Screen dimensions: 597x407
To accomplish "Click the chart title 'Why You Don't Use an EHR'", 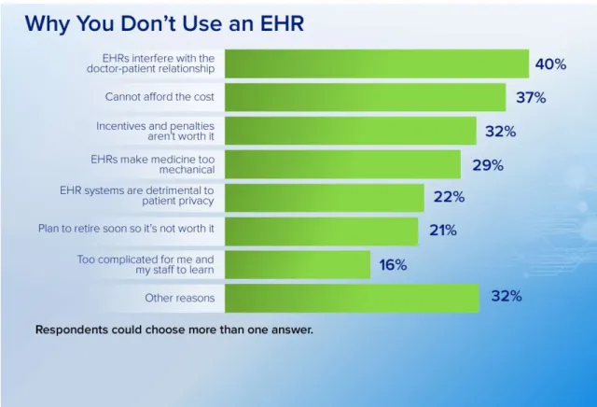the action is click(164, 23).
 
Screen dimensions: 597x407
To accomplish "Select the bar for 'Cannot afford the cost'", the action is click(365, 97).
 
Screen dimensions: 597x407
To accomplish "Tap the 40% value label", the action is click(550, 64).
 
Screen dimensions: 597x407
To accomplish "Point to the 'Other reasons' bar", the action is click(352, 299).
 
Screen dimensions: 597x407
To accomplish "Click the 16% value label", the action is click(393, 264).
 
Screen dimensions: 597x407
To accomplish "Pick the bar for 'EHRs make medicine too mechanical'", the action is click(342, 164).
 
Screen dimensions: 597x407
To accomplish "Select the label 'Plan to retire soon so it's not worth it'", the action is click(126, 229).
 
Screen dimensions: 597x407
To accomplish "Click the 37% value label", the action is click(531, 98).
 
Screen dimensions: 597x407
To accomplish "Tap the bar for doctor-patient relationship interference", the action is click(377, 63).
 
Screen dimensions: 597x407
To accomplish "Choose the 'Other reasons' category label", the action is click(180, 298).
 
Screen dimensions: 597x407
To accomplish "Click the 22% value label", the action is click(449, 197).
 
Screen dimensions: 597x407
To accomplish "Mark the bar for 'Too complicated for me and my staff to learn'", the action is click(298, 264).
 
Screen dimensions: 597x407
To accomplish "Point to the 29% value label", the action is click(488, 165).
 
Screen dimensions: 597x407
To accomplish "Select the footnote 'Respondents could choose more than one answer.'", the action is click(174, 330).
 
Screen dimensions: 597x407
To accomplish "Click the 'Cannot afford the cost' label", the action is click(160, 97).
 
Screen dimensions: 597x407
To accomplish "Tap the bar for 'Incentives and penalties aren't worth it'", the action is click(351, 131).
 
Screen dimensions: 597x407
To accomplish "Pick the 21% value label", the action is click(443, 231).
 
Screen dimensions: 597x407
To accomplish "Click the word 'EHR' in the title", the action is click(282, 23).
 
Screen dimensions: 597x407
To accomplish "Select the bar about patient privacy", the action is click(325, 198).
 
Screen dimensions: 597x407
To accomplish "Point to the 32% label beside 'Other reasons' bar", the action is click(507, 296).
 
